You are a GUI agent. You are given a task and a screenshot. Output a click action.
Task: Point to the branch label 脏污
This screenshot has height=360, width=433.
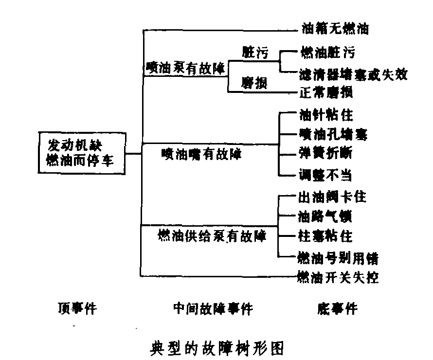click(x=254, y=52)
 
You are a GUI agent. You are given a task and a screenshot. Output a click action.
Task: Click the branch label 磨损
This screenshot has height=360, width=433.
click(x=254, y=84)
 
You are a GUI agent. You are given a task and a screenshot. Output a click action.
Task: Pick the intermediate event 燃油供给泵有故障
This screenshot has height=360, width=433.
click(x=212, y=236)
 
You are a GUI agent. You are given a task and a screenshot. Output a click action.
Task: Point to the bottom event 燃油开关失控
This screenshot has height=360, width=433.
click(x=338, y=277)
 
